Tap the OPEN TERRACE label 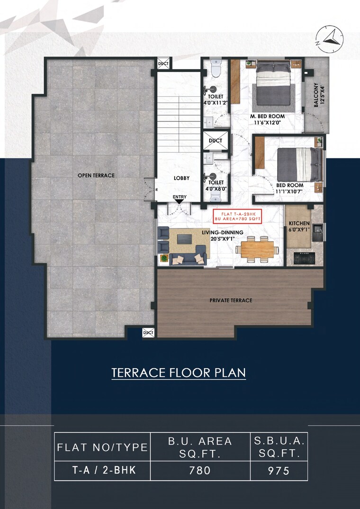pos(96,175)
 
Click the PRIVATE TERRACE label pos(231,300)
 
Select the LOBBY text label pos(181,178)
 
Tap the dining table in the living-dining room pos(257,249)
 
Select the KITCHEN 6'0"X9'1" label pos(299,227)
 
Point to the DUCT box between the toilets pos(216,141)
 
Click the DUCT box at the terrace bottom pos(149,333)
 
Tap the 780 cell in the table pos(199,471)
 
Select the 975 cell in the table pos(279,471)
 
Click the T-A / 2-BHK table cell pos(103,471)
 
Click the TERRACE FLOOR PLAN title pos(179,373)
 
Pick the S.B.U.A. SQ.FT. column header pos(279,446)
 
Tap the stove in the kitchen pos(303,258)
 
